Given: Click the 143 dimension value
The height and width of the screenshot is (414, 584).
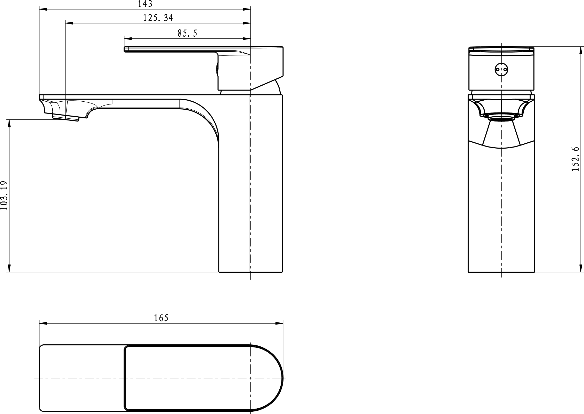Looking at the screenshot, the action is [145, 4].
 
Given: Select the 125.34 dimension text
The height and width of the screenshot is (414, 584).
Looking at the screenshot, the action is [158, 18].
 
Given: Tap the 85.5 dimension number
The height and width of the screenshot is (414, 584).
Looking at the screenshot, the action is [187, 33].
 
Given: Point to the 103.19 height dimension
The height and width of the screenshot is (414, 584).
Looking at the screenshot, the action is [4, 196].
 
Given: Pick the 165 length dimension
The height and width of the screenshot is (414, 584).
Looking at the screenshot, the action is [161, 318].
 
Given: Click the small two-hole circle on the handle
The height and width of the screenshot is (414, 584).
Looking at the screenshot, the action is [501, 69].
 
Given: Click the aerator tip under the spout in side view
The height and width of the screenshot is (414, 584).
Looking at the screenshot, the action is [66, 118].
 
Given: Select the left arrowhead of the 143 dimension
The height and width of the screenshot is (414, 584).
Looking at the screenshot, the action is [43, 9].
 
